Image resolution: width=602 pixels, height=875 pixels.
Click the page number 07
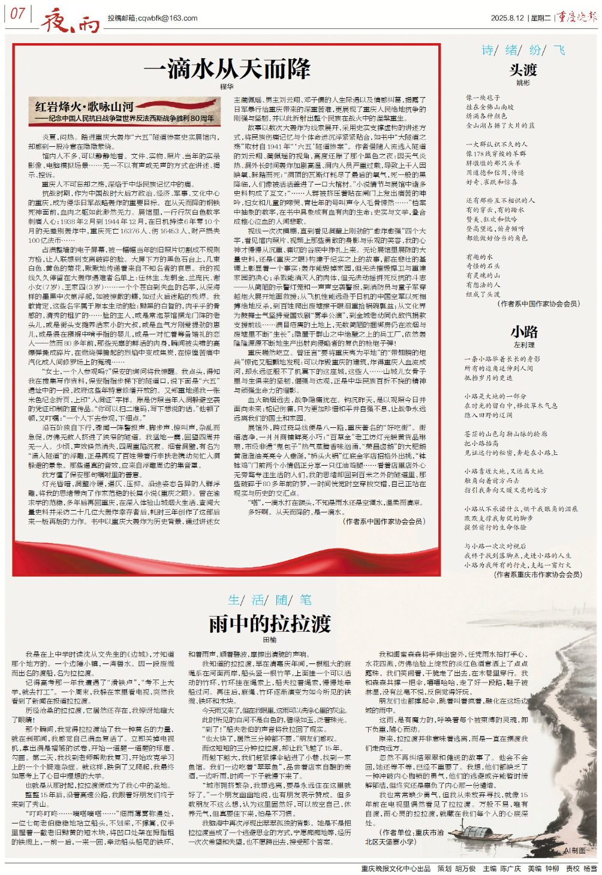click(17, 13)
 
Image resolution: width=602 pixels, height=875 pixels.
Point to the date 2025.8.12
click(507, 18)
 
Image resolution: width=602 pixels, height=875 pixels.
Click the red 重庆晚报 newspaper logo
click(576, 17)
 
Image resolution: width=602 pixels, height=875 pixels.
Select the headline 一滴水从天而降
click(227, 69)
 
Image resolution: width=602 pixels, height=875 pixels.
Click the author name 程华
click(227, 87)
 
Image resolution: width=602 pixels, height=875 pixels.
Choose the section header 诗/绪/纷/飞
click(523, 50)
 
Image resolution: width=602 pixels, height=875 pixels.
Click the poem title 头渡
click(523, 70)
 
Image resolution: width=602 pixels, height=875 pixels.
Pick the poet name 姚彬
click(523, 83)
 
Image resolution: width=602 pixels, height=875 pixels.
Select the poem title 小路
click(523, 332)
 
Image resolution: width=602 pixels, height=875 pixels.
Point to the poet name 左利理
click(523, 345)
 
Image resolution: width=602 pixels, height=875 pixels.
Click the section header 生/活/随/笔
click(269, 600)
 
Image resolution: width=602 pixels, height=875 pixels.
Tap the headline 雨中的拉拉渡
click(269, 624)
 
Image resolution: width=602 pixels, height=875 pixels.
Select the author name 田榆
click(269, 641)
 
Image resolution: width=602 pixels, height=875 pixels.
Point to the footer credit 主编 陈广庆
click(502, 868)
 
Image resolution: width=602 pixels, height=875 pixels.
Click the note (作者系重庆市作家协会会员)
click(538, 574)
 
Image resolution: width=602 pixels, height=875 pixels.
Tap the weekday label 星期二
click(541, 18)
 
